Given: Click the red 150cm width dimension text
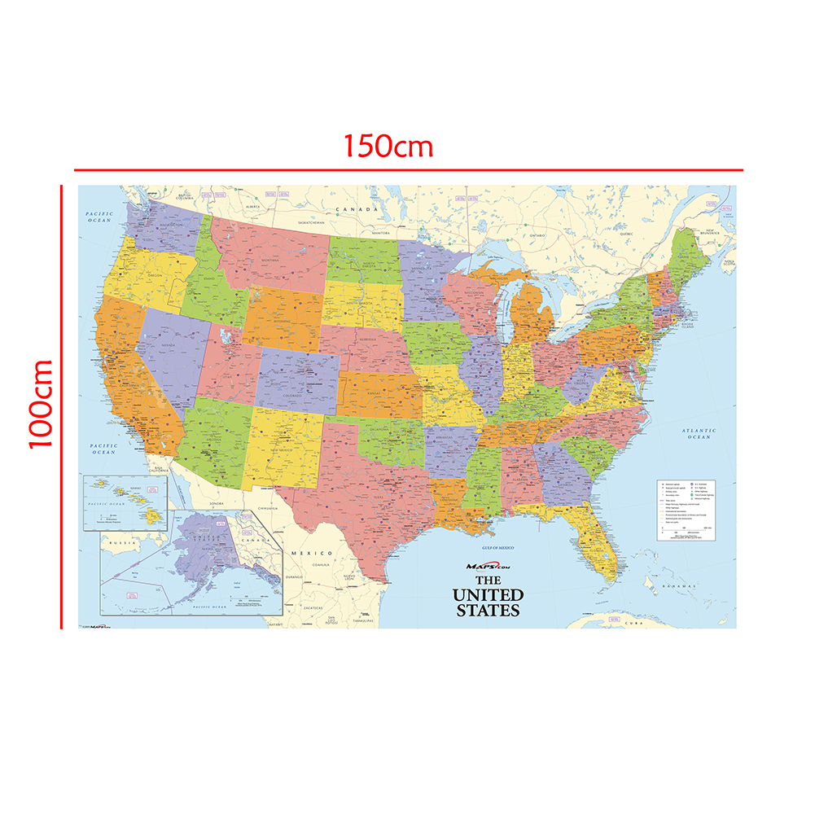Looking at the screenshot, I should coord(388,146).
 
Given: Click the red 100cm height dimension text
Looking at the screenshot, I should coord(41,404).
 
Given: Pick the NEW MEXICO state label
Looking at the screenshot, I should coord(281,450).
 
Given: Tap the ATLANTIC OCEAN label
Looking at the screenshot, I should coord(699,434).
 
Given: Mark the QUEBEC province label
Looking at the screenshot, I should coord(626,233).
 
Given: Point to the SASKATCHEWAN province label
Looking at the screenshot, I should coord(310,222).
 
